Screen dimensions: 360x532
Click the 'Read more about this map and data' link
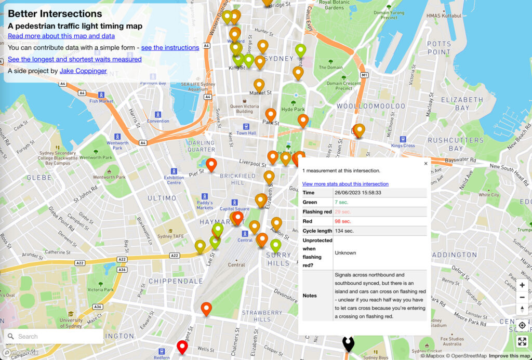[61, 36]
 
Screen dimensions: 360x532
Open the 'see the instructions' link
[170, 47]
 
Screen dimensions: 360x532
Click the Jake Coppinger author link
[83, 71]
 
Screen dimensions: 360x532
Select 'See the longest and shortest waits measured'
[75, 59]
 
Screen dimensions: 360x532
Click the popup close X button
[425, 163]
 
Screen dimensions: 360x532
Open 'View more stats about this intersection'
[345, 184]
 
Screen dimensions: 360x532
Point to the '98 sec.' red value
[343, 221]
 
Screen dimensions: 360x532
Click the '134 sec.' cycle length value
[344, 231]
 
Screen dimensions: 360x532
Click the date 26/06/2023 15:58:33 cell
[358, 193]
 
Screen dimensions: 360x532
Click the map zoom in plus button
[522, 285]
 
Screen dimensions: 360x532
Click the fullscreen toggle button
[522, 341]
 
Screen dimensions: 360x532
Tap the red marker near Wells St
[182, 347]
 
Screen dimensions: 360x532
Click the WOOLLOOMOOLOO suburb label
[370, 106]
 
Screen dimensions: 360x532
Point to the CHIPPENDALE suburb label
[176, 281]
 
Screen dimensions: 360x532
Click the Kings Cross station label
[403, 145]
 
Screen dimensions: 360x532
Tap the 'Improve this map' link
[510, 356]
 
